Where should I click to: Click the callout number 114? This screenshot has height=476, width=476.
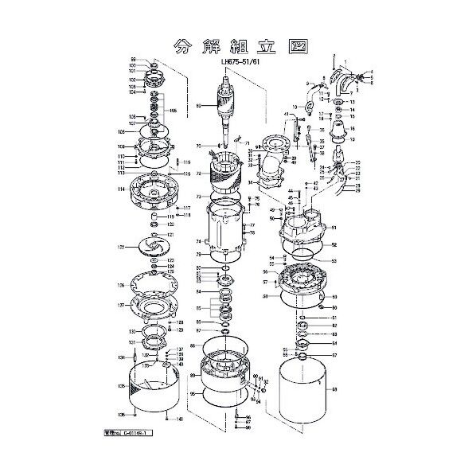point(120,189)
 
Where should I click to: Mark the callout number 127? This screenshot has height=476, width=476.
point(120,305)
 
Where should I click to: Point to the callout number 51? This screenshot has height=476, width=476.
point(334,227)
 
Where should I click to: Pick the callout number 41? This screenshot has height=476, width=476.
point(286,114)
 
